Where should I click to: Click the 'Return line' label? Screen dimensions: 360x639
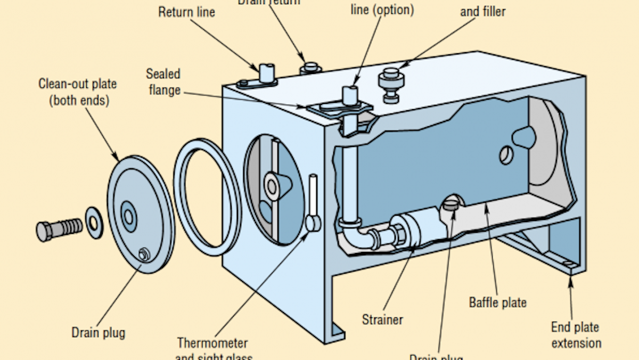[x=186, y=12]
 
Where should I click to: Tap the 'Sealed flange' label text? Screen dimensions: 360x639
[x=163, y=82]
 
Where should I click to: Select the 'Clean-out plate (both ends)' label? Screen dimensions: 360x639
[x=77, y=92]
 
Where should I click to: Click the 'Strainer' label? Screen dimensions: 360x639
[x=382, y=320]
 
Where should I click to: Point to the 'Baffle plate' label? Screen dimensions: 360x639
[x=497, y=302]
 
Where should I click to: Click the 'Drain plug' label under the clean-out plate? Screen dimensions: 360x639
[x=99, y=333]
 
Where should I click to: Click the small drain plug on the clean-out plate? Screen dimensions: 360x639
[x=144, y=255]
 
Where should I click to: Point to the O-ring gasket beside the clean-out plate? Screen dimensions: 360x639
[x=208, y=197]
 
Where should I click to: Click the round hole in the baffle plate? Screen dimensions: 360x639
[x=505, y=155]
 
